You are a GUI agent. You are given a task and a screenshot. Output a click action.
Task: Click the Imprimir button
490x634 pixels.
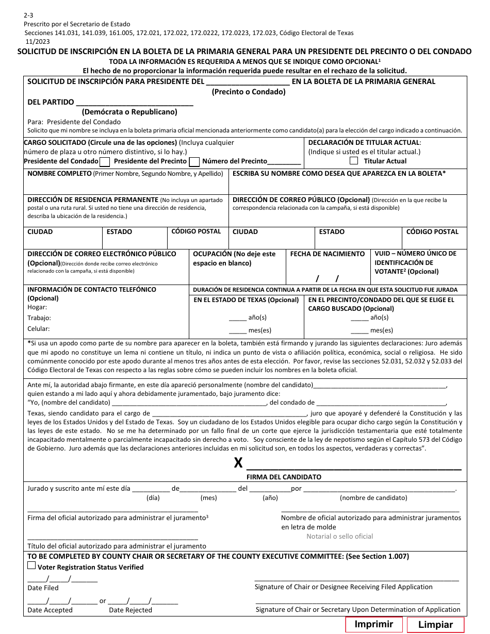tap(373, 624)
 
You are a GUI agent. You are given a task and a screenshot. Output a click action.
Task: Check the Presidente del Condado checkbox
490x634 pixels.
tap(104, 162)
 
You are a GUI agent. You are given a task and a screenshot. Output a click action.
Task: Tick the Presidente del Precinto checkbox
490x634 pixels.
tap(194, 162)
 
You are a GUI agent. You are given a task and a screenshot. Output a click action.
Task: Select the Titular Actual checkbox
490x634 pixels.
tap(354, 161)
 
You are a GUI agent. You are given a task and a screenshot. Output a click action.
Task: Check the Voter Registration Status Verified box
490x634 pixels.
tap(31, 565)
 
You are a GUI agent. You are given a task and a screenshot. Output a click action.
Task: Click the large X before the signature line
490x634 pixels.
tap(238, 463)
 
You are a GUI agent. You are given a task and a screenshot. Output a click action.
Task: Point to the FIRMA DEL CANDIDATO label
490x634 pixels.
tap(284, 477)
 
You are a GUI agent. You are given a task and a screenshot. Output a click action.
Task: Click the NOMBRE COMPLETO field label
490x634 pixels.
tap(59, 174)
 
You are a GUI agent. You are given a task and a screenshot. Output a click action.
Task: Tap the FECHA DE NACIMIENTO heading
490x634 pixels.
tap(328, 254)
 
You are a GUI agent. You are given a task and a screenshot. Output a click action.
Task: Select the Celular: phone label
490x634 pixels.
tap(39, 329)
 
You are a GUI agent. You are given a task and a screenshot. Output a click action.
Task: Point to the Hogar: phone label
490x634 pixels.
tap(37, 307)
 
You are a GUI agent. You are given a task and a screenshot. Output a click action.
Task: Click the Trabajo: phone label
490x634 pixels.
tap(39, 318)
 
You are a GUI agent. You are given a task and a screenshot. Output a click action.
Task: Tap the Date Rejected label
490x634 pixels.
tap(130, 610)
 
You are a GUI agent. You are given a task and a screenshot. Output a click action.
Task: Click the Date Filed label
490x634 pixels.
tap(43, 588)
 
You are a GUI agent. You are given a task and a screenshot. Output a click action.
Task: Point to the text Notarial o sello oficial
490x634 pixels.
tap(339, 536)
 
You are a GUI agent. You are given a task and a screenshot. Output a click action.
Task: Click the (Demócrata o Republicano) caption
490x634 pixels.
tap(129, 112)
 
